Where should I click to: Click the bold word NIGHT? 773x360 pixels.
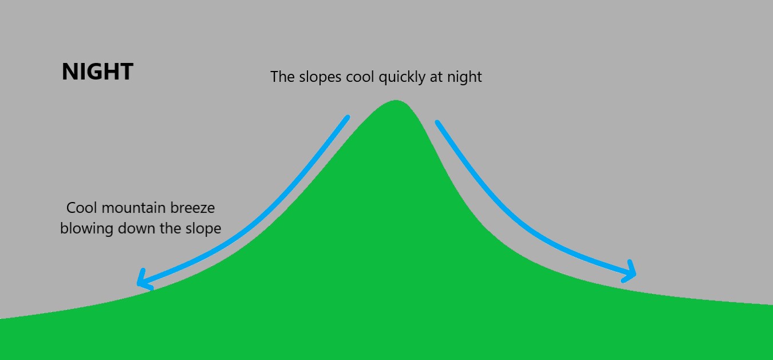click(97, 72)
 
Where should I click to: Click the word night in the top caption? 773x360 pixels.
click(465, 77)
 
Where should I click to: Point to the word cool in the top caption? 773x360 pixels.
click(358, 77)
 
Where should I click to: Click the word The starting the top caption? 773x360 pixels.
click(282, 77)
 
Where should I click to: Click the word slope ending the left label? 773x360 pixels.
click(202, 228)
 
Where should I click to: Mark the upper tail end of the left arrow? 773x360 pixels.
click(347, 117)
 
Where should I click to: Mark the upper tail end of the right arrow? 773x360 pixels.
click(437, 122)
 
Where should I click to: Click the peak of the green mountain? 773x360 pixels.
click(396, 101)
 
